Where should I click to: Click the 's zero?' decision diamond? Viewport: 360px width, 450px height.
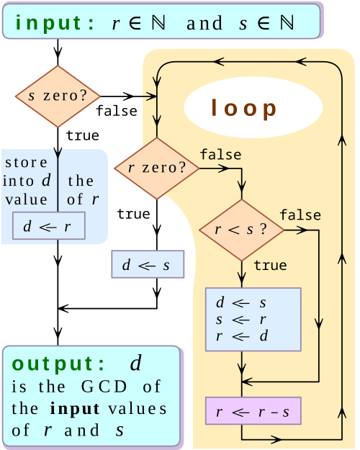pyautogui.click(x=58, y=96)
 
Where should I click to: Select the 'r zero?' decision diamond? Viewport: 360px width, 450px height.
pyautogui.click(x=157, y=168)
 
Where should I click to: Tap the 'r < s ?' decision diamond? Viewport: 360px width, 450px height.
pyautogui.click(x=242, y=230)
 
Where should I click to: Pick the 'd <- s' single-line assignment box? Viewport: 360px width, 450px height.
pyautogui.click(x=148, y=264)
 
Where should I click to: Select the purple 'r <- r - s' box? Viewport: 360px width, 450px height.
pyautogui.click(x=253, y=411)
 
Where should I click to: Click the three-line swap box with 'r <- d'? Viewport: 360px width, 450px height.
pyautogui.click(x=253, y=319)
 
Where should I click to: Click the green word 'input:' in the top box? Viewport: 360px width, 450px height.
pyautogui.click(x=55, y=22)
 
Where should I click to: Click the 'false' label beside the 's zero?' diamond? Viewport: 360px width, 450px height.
pyautogui.click(x=116, y=110)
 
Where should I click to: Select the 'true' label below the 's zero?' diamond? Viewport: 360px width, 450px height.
pyautogui.click(x=82, y=135)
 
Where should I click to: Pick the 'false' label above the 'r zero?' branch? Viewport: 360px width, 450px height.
pyautogui.click(x=220, y=155)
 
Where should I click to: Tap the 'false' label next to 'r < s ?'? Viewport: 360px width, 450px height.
pyautogui.click(x=300, y=215)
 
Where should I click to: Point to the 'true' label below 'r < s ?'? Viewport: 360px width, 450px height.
pyautogui.click(x=270, y=266)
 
